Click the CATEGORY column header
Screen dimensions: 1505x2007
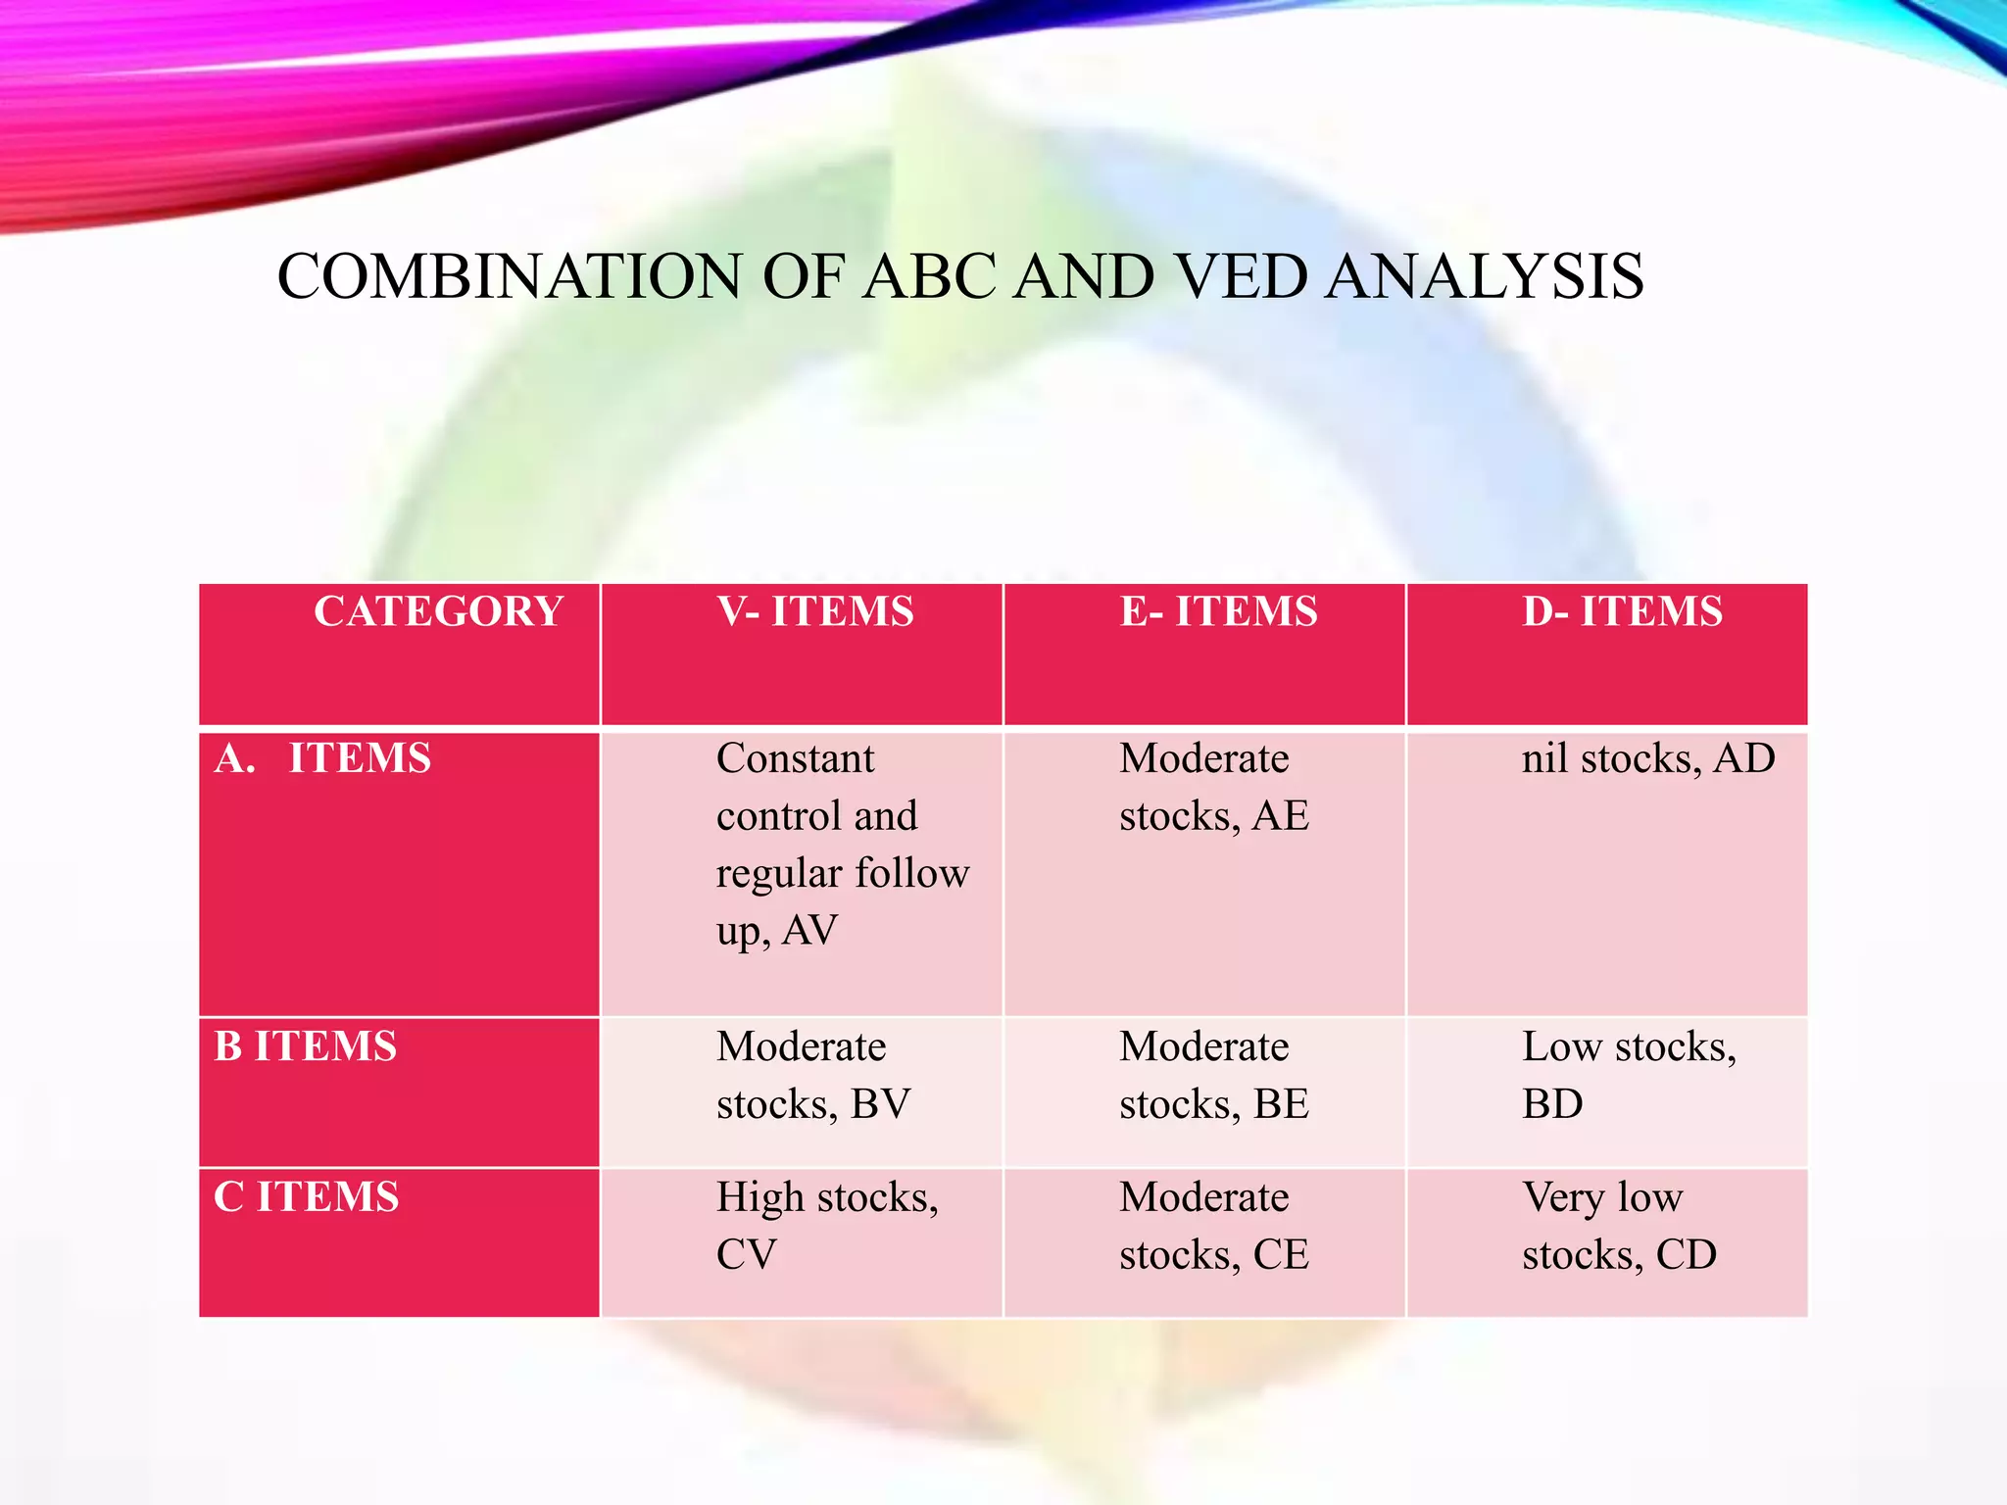pyautogui.click(x=438, y=612)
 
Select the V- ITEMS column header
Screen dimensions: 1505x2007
pyautogui.click(x=815, y=612)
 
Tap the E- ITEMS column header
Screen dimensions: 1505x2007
pyautogui.click(x=1218, y=612)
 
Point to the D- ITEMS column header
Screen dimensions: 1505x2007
pyautogui.click(x=1622, y=612)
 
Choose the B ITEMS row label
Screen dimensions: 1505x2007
pyautogui.click(x=306, y=1047)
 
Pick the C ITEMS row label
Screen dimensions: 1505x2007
pyautogui.click(x=307, y=1197)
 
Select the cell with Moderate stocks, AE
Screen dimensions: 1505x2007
pyautogui.click(x=1213, y=787)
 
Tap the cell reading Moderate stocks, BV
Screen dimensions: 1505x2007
pyautogui.click(x=813, y=1075)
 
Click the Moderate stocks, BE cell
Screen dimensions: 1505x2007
pyautogui.click(x=1213, y=1075)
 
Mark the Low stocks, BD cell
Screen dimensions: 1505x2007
pyautogui.click(x=1628, y=1075)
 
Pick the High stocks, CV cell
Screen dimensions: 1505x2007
pyautogui.click(x=826, y=1225)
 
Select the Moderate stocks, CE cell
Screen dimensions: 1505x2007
pyautogui.click(x=1213, y=1225)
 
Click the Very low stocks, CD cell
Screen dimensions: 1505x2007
pyautogui.click(x=1618, y=1225)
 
